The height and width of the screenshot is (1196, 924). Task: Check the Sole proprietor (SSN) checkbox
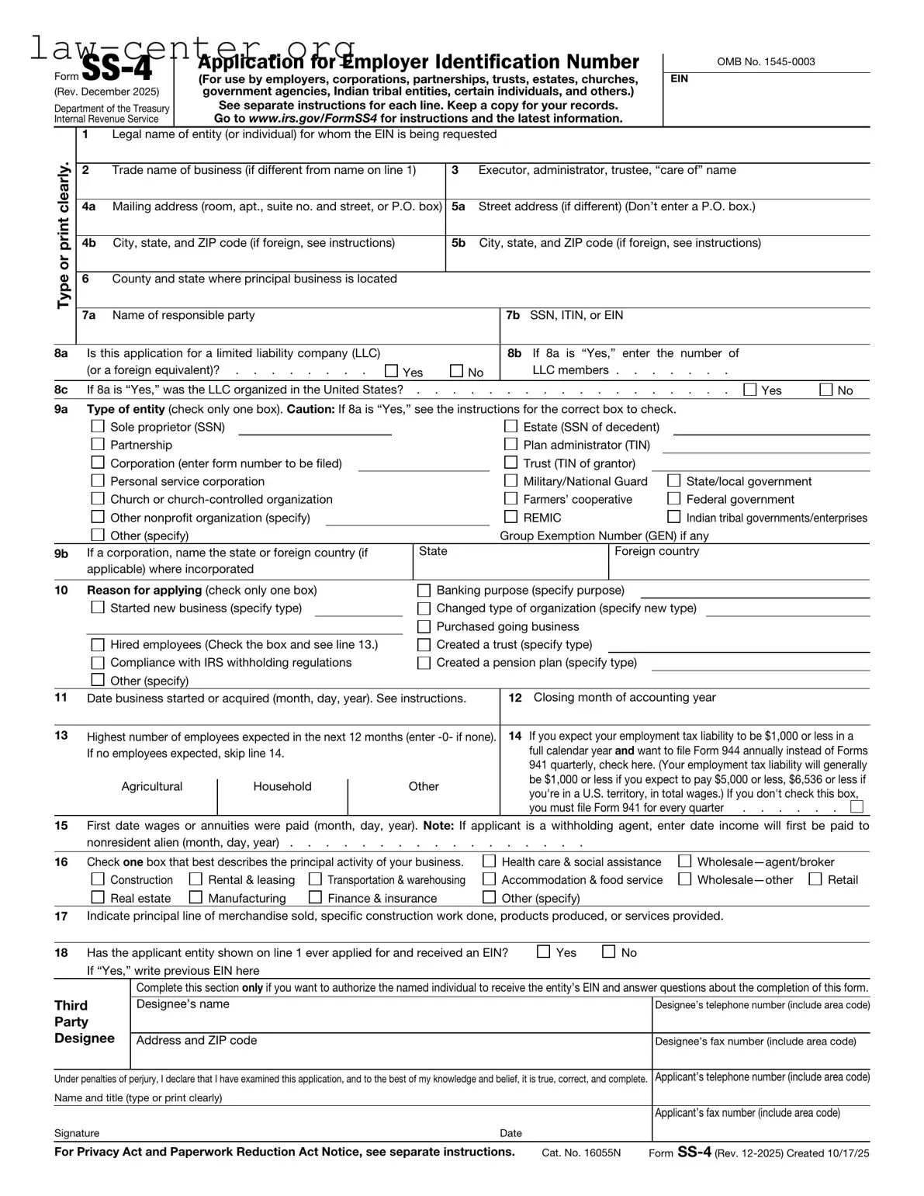98,426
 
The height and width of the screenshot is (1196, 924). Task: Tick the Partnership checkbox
98,444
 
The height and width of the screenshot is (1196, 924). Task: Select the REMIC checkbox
510,517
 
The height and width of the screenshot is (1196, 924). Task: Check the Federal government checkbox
673,498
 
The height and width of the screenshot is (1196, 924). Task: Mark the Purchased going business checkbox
424,626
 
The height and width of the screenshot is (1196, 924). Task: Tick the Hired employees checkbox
98,644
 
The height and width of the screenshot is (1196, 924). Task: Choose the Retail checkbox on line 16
815,879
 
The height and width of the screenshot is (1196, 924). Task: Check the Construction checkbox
98,879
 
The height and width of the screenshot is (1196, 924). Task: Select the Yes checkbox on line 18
544,952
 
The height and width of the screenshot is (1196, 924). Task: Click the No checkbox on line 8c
826,390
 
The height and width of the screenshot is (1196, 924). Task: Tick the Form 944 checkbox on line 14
857,806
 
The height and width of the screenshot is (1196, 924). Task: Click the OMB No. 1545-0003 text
766,62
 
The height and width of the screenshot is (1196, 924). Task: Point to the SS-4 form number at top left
116,70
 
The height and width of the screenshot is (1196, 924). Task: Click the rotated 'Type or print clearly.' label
64,235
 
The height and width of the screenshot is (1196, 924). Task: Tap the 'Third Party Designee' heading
84,1021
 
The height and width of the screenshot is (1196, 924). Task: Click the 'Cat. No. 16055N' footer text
581,1153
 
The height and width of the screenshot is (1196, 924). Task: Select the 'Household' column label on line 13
282,786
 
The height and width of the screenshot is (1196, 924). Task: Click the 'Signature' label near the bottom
77,1133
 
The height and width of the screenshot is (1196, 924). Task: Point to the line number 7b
513,315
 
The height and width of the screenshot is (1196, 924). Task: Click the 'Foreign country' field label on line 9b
656,551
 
